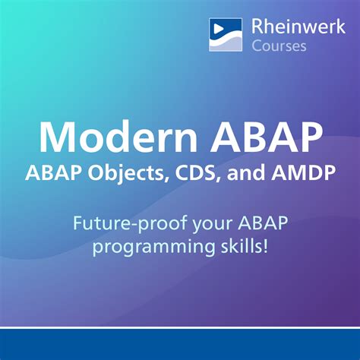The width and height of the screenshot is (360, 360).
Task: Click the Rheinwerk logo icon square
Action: click(x=226, y=34)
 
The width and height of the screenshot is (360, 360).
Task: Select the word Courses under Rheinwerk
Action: click(x=279, y=46)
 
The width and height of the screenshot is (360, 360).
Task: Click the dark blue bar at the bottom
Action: click(x=180, y=344)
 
